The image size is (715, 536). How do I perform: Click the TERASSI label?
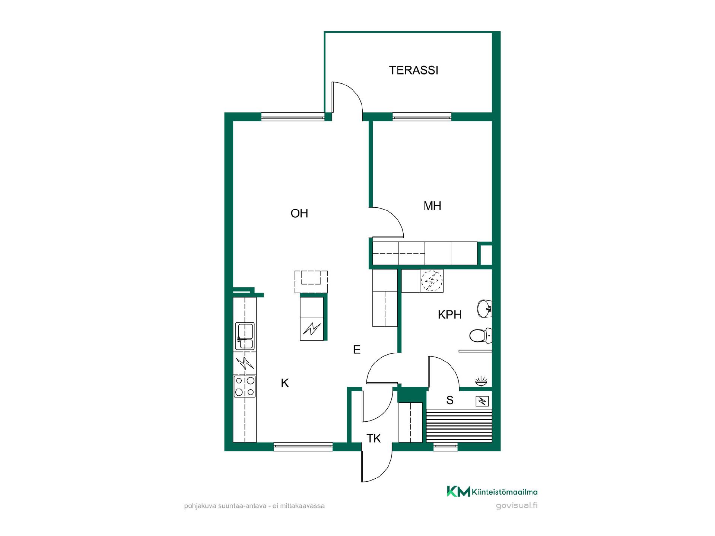click(x=413, y=70)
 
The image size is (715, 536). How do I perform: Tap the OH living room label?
click(x=299, y=213)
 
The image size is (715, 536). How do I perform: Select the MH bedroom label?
click(x=432, y=206)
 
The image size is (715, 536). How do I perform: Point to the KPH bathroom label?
click(x=449, y=315)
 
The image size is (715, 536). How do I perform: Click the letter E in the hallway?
click(x=357, y=350)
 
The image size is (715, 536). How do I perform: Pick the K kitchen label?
click(x=285, y=383)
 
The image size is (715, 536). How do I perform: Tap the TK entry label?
click(x=374, y=438)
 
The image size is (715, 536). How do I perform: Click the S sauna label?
click(x=450, y=400)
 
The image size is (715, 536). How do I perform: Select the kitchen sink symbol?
click(x=245, y=336)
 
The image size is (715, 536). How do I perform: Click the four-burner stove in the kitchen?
click(x=245, y=386)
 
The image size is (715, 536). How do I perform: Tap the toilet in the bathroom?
click(x=480, y=335)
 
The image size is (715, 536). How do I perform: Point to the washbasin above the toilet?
click(x=484, y=309)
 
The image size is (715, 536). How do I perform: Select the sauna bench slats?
click(x=459, y=425)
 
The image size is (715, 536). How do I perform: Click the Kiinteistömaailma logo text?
click(x=504, y=492)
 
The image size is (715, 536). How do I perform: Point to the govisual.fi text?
click(x=517, y=506)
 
